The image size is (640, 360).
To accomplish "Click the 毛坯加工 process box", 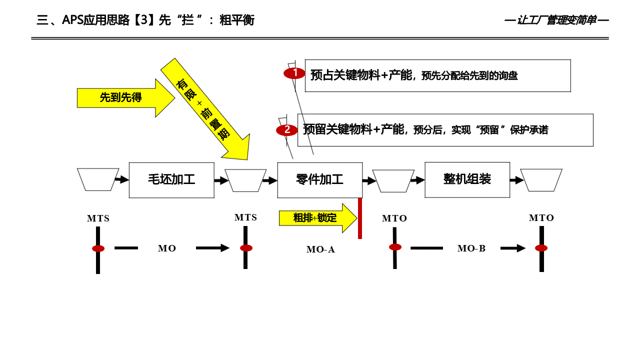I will point(171,180).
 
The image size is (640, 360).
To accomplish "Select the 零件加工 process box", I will point(319,180).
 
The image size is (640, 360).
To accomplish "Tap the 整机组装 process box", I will point(467,179).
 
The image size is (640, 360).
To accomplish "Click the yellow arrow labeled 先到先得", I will point(122,98).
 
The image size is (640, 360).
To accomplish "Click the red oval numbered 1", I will point(294,73).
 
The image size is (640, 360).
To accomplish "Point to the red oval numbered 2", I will point(287,130).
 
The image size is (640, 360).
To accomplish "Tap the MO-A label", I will point(320,249).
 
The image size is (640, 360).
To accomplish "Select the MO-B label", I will point(471,248).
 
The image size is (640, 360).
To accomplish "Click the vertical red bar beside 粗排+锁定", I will point(360,218).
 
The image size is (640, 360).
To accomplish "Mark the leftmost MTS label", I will point(98,218).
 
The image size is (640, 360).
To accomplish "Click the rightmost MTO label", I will point(541,218).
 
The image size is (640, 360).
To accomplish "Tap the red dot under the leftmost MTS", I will point(98,248).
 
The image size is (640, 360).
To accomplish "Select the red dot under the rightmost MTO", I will point(541,248).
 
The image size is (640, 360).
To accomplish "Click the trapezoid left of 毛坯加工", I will point(98,179).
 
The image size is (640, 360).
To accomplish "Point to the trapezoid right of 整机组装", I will point(541,180).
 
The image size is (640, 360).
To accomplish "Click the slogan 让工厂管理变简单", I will point(556,20).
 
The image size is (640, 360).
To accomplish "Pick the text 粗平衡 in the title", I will point(237,20).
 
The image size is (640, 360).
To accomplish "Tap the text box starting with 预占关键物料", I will point(437,75).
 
